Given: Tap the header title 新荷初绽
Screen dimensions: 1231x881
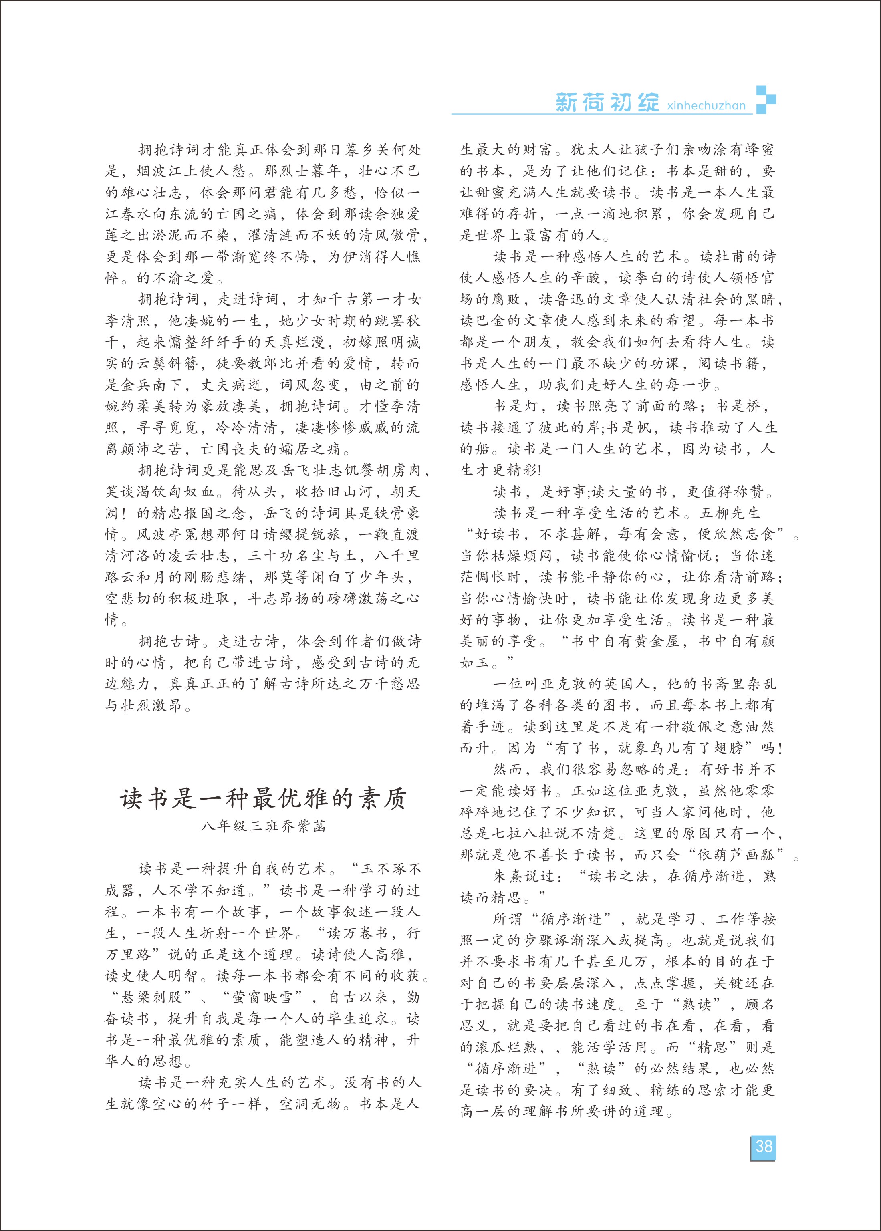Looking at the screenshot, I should coord(607,103).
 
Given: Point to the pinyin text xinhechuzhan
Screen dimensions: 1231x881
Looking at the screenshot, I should coord(706,105).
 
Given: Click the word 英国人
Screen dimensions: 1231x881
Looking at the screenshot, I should coord(626,684).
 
